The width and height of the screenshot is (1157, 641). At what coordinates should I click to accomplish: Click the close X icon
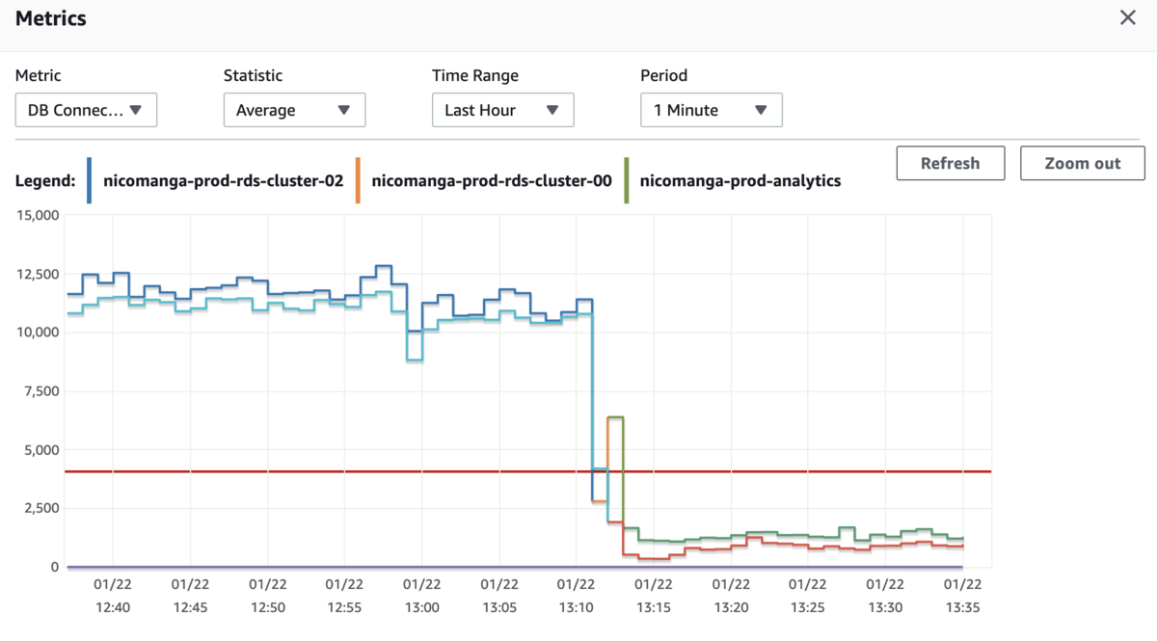click(1127, 17)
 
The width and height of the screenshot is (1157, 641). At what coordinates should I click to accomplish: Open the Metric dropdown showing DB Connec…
click(86, 110)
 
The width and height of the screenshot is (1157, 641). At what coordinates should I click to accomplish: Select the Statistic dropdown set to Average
click(294, 110)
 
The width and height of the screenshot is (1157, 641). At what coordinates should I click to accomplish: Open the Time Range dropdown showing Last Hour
click(502, 110)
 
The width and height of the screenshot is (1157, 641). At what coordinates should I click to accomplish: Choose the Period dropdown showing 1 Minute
click(712, 110)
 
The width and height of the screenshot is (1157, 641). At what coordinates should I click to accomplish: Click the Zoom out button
click(1082, 163)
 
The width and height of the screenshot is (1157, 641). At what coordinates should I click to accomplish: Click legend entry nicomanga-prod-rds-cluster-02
click(223, 181)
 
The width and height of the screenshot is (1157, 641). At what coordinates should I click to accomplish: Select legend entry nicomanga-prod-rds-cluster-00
click(491, 181)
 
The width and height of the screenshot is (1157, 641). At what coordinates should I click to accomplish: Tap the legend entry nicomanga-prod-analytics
click(740, 181)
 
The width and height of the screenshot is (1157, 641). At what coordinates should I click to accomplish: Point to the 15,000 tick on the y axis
click(38, 215)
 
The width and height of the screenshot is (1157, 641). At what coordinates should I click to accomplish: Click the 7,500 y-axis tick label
click(41, 391)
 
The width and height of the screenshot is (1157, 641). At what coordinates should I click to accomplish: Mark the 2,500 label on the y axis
click(41, 508)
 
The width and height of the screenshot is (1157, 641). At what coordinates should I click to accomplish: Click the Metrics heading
click(50, 18)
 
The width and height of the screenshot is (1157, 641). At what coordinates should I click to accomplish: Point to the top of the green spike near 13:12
click(615, 416)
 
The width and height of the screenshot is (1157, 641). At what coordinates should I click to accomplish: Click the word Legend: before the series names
click(45, 181)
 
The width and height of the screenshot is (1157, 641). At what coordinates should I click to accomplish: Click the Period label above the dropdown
click(663, 75)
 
